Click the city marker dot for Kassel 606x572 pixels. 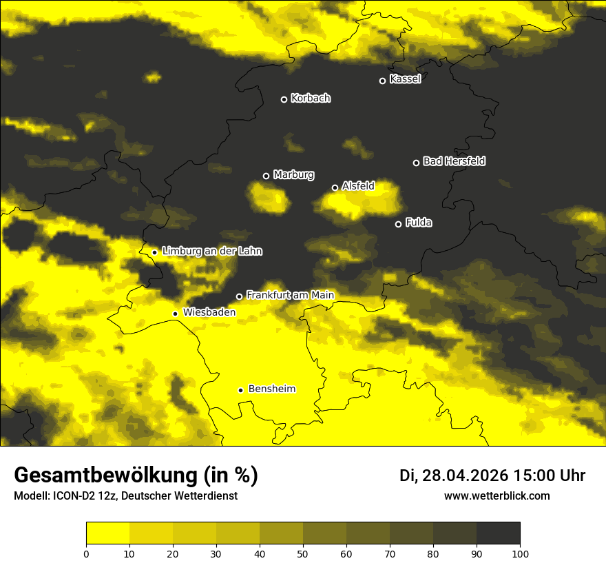(382, 81)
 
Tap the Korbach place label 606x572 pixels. (311, 99)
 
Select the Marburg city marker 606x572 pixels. (266, 176)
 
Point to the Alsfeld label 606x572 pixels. (358, 186)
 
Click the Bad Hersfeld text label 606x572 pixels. (454, 161)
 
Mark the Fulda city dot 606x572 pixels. (398, 224)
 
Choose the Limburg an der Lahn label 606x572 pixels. (211, 252)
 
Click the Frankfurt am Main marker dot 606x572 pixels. (239, 296)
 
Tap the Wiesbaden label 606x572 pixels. (209, 312)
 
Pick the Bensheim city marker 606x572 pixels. (240, 390)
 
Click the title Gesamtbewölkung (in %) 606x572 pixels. (136, 476)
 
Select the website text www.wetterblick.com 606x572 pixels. (497, 496)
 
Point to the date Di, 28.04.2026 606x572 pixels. (454, 476)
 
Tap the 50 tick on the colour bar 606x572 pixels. (303, 553)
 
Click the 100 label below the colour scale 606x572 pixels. (520, 553)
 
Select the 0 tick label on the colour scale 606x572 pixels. (86, 553)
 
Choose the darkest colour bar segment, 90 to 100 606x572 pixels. (498, 533)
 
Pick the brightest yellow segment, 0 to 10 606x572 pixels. (107, 533)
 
